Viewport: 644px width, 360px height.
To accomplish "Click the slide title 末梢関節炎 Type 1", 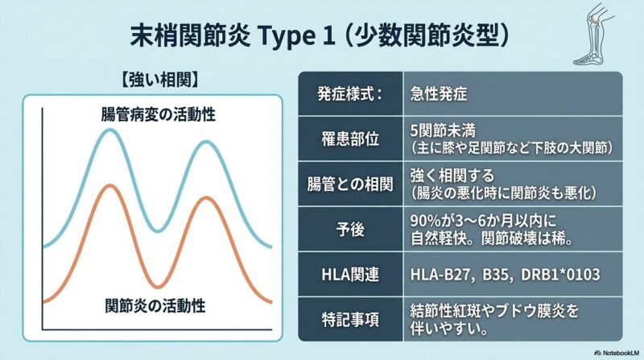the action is [x=232, y=36].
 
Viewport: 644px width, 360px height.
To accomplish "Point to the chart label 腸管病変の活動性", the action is [x=159, y=114].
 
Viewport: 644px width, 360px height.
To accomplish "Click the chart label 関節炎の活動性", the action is [x=155, y=305].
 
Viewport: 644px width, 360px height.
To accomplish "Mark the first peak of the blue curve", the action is [x=109, y=130].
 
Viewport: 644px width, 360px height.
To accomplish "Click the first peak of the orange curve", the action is [x=109, y=186].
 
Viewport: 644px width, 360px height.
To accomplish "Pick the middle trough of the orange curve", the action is [x=157, y=286].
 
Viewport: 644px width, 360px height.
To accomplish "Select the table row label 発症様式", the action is [x=349, y=94].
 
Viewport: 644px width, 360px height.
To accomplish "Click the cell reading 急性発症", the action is [x=439, y=94].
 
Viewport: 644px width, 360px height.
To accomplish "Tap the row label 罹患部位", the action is [x=350, y=139].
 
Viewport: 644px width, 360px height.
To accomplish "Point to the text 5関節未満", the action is [x=443, y=131].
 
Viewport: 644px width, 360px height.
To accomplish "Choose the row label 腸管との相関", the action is [x=350, y=184].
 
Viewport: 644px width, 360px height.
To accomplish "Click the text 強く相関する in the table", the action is [x=452, y=176].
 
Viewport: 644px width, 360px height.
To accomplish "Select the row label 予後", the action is [x=350, y=230].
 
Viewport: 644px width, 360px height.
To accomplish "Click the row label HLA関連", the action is [x=350, y=275].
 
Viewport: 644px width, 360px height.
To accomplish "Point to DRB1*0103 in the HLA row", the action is [x=560, y=275].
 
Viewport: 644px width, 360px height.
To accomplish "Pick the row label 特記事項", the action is [x=350, y=321].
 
